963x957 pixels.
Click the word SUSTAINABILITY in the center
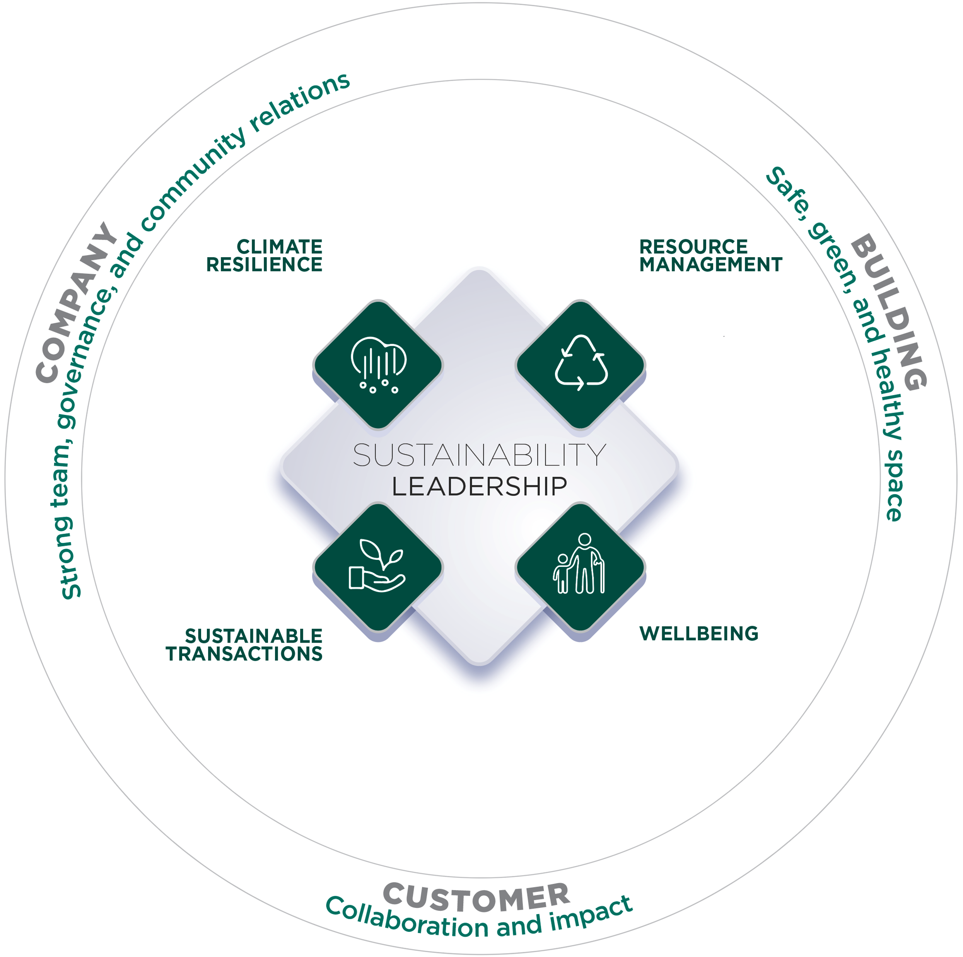pyautogui.click(x=479, y=455)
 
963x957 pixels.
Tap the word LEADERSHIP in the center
pyautogui.click(x=479, y=486)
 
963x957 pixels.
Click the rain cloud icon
pyautogui.click(x=379, y=364)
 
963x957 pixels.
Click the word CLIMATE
pyautogui.click(x=279, y=247)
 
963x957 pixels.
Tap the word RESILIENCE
pyautogui.click(x=264, y=264)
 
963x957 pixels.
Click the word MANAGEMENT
pyautogui.click(x=711, y=264)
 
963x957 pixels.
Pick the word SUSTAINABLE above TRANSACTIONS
pyautogui.click(x=254, y=636)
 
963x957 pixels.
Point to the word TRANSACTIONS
pyautogui.click(x=244, y=654)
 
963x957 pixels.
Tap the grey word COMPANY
pyautogui.click(x=75, y=304)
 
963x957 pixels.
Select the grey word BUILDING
pyautogui.click(x=890, y=312)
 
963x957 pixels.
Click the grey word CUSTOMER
pyautogui.click(x=476, y=897)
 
